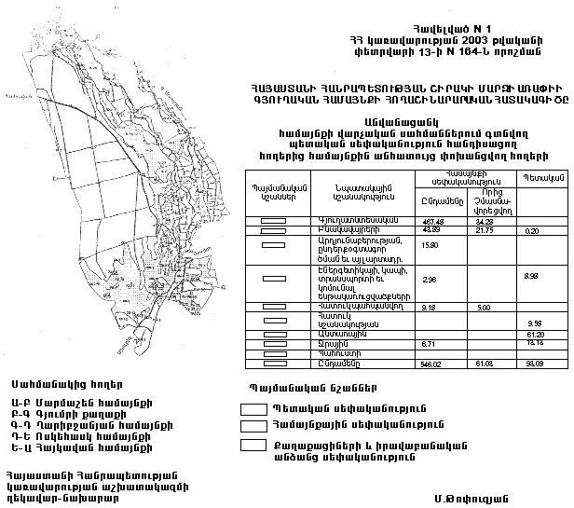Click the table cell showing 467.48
[430, 220]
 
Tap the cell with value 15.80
[430, 244]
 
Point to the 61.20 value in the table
[535, 334]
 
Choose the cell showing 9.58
[535, 323]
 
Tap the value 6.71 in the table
[430, 344]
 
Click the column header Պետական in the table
[534, 176]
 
